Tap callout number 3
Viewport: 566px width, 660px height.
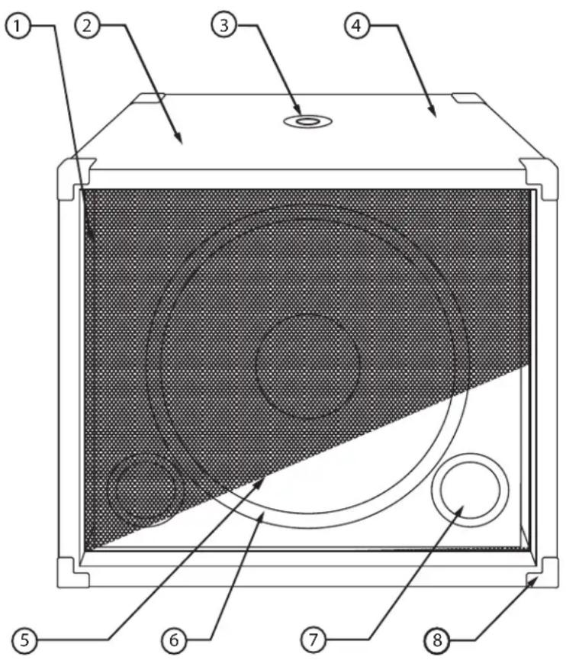coord(224,25)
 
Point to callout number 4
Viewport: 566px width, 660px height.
coord(355,25)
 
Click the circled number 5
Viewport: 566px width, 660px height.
coord(25,639)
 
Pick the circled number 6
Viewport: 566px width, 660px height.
coord(175,639)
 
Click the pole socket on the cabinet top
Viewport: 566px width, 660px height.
coord(308,121)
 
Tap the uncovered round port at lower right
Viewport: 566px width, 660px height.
coord(469,491)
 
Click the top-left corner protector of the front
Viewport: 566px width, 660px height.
coord(74,175)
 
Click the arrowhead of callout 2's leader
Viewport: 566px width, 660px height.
coord(180,142)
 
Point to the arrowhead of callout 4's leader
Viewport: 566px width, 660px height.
coord(435,116)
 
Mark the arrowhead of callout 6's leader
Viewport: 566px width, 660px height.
coord(262,516)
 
